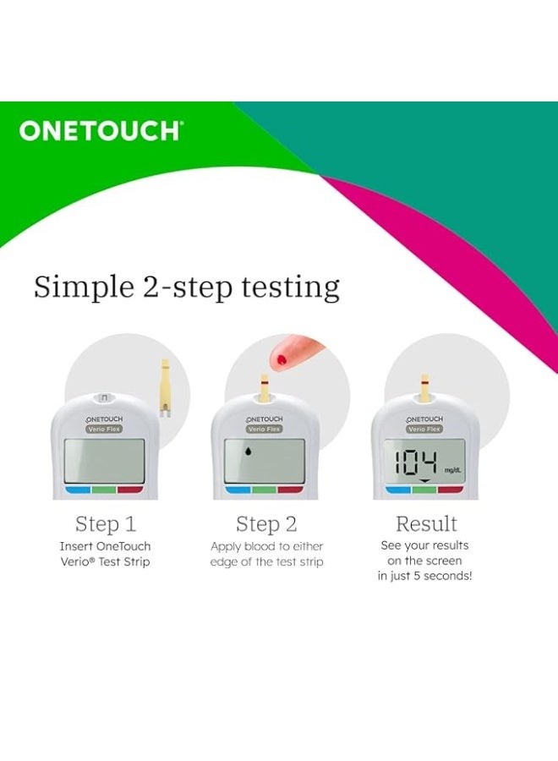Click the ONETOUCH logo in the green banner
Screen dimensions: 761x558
(100, 131)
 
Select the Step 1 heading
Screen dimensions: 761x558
(106, 523)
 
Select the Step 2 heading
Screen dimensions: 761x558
(266, 523)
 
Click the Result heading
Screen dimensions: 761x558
(427, 523)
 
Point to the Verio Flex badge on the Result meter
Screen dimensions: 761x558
(425, 429)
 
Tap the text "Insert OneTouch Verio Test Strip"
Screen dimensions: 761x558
(106, 555)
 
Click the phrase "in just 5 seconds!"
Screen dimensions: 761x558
(424, 576)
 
